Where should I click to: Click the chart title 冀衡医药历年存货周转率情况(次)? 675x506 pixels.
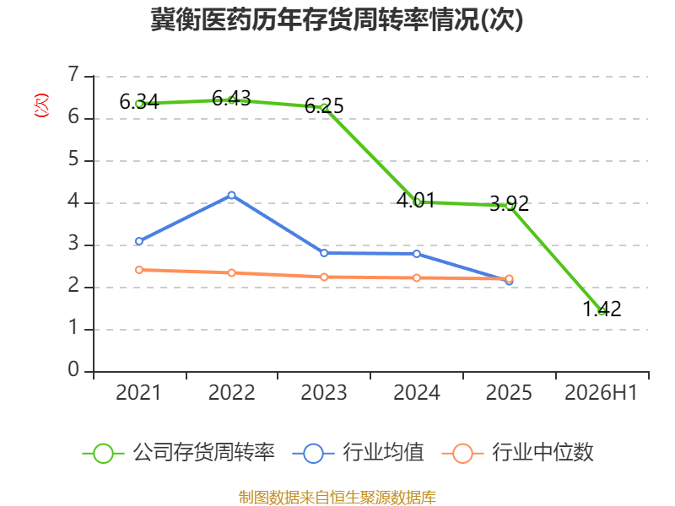click(x=337, y=19)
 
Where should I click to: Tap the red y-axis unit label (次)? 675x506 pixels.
click(x=41, y=105)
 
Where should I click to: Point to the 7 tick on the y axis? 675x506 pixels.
click(x=74, y=74)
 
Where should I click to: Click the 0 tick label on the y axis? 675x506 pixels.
click(x=73, y=369)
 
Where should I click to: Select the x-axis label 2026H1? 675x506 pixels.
click(x=601, y=393)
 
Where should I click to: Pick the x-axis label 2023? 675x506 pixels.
click(x=324, y=393)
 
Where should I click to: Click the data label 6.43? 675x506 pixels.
click(x=231, y=99)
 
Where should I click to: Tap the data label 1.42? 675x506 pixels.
click(x=602, y=309)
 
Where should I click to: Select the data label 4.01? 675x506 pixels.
click(x=416, y=201)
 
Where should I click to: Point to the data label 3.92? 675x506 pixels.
click(x=510, y=203)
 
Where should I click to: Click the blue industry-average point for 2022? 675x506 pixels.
click(x=231, y=196)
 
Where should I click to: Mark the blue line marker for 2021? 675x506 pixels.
click(x=139, y=241)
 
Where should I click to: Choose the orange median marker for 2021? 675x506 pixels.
click(x=139, y=270)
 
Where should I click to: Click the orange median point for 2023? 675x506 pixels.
click(x=324, y=277)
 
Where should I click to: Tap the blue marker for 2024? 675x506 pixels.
click(x=417, y=254)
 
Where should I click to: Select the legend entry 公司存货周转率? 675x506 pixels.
click(x=178, y=453)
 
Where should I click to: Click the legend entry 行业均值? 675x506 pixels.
click(x=358, y=453)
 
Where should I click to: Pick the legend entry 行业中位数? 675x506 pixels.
click(x=518, y=453)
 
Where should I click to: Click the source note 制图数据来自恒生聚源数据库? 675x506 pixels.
click(x=337, y=498)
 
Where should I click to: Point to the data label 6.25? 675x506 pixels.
click(x=324, y=106)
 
